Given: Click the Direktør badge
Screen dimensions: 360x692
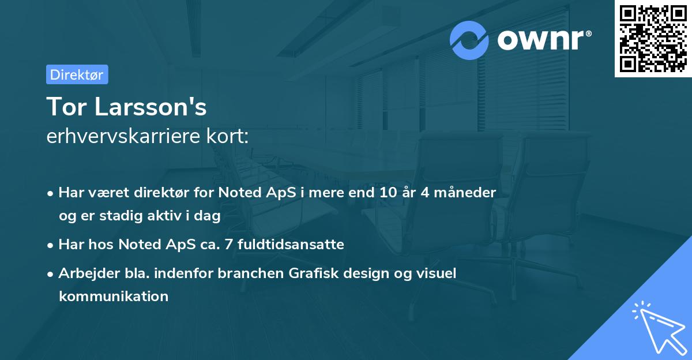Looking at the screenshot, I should tap(77, 74).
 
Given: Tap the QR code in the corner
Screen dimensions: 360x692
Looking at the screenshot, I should tap(653, 39).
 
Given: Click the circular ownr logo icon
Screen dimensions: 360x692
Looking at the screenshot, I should tap(469, 40).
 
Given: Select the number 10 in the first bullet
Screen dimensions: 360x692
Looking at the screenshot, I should tap(383, 193).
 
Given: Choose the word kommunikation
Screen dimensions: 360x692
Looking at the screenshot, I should tap(113, 297).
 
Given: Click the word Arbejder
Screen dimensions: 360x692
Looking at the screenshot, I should tap(85, 273).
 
